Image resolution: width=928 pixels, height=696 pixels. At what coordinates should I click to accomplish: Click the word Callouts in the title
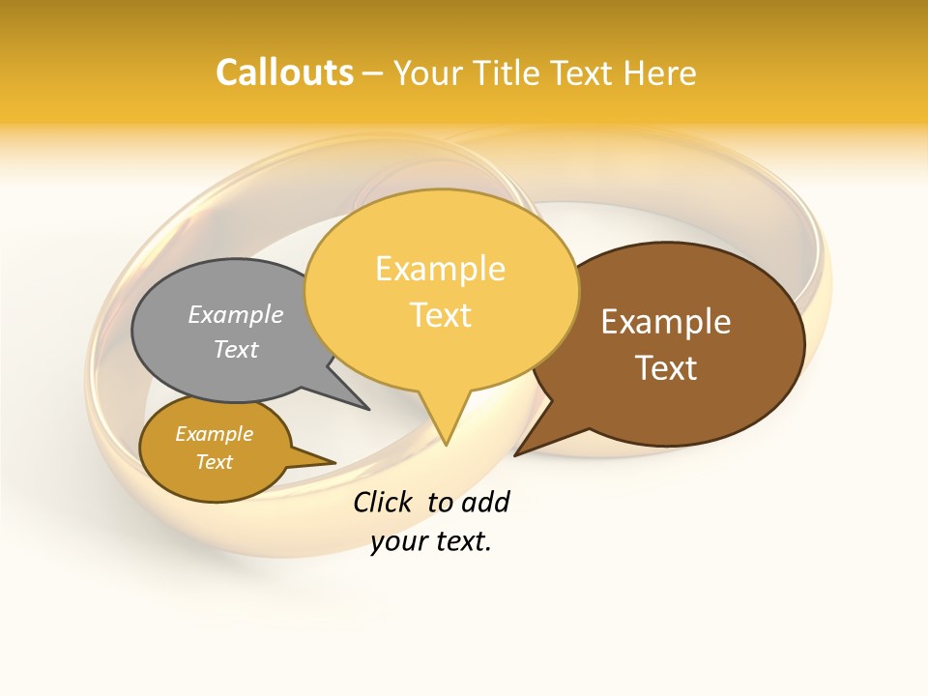click(284, 72)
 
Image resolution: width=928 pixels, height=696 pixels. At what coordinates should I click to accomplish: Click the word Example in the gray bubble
click(235, 314)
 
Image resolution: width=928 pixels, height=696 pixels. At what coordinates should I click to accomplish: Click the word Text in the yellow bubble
click(441, 315)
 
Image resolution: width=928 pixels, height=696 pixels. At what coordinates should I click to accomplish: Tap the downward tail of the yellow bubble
click(445, 425)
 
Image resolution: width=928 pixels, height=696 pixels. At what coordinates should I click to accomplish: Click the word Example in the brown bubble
click(666, 322)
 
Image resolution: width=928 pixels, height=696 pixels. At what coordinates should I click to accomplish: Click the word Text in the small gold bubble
click(214, 462)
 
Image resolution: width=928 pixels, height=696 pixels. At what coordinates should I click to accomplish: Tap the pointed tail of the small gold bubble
click(329, 462)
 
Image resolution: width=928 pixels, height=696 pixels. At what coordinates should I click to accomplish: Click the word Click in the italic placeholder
click(382, 502)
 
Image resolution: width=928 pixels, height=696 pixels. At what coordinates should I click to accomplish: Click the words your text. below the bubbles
click(431, 541)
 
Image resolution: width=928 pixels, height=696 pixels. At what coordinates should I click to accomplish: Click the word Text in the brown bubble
click(666, 368)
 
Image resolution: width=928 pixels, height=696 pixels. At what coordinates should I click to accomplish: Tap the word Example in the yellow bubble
click(441, 269)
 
